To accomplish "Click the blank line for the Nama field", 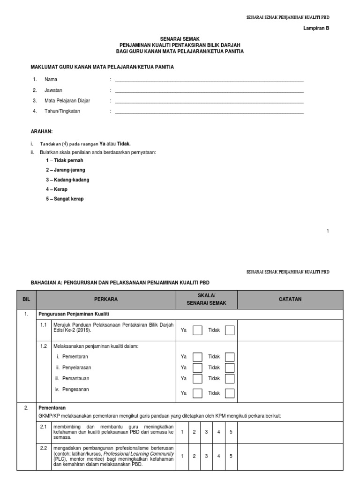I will coord(209,80).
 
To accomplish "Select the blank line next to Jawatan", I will coord(209,90).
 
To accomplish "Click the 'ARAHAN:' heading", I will coord(42,132).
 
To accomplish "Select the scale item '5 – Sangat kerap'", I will coord(65,198).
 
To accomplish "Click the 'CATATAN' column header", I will coord(290,299).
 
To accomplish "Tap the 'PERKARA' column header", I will coord(105,299).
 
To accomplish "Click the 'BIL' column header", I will coord(26,299).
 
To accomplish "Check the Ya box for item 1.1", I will coord(197,330).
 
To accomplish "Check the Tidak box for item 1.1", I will coord(229,330).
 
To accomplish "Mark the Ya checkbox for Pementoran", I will coord(197,357).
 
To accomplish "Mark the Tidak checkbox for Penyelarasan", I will coord(229,367).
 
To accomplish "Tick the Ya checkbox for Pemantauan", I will coord(197,378).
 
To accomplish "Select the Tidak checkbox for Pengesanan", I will coord(229,393).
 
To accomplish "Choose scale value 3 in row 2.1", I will coord(206,431).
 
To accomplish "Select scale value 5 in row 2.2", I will coord(231,456).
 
